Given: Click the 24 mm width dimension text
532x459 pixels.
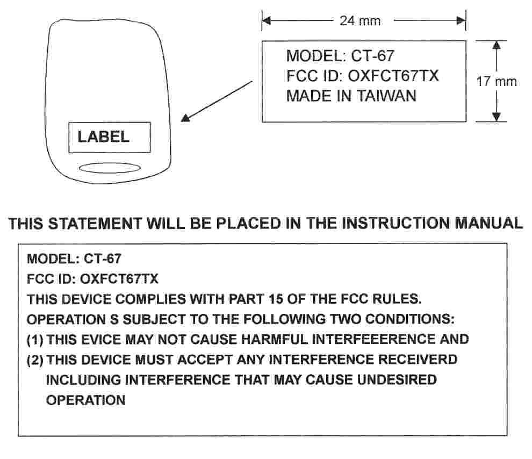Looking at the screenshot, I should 360,21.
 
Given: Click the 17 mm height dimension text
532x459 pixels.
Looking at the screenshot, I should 497,82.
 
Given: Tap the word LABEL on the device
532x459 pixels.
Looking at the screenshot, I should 104,137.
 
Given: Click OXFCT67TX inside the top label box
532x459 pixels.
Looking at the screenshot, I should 393,76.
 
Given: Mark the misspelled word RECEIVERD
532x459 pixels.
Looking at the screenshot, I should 423,360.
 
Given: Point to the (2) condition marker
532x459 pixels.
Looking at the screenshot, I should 35,360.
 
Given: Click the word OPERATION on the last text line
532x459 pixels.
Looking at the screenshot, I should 86,400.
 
